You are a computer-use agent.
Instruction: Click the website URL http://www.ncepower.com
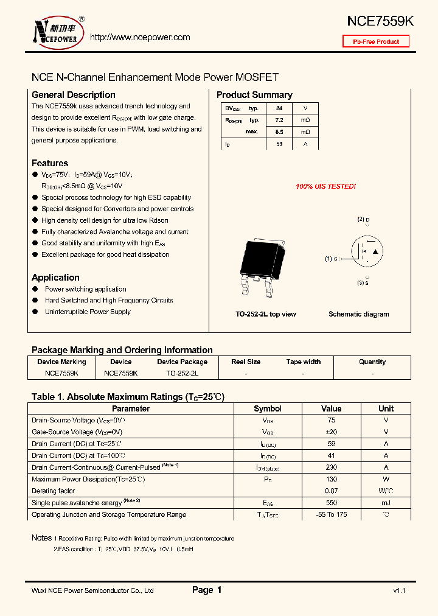(x=140, y=37)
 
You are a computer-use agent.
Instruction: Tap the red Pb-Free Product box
(x=376, y=41)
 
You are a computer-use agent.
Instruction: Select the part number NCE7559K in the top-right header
(x=380, y=21)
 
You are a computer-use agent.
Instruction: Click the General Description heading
(x=73, y=95)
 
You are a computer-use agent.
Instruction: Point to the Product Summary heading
(x=254, y=95)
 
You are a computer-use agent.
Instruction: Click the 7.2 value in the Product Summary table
(x=279, y=120)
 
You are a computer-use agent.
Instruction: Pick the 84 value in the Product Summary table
(x=279, y=108)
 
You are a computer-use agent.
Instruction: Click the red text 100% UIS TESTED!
(x=325, y=186)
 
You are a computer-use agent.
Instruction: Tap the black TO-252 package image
(x=262, y=259)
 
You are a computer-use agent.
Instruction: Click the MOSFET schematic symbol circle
(x=367, y=251)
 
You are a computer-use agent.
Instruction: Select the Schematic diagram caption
(x=358, y=314)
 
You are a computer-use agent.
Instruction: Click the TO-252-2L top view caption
(x=266, y=314)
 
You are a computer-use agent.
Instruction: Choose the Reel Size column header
(x=246, y=362)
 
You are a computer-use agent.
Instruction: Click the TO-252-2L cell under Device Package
(x=182, y=373)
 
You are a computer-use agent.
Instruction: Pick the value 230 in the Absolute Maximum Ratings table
(x=332, y=467)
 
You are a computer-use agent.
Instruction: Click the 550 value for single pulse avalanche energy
(x=332, y=503)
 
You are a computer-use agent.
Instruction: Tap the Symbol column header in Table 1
(x=268, y=408)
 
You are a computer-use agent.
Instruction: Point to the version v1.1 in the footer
(x=399, y=590)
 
